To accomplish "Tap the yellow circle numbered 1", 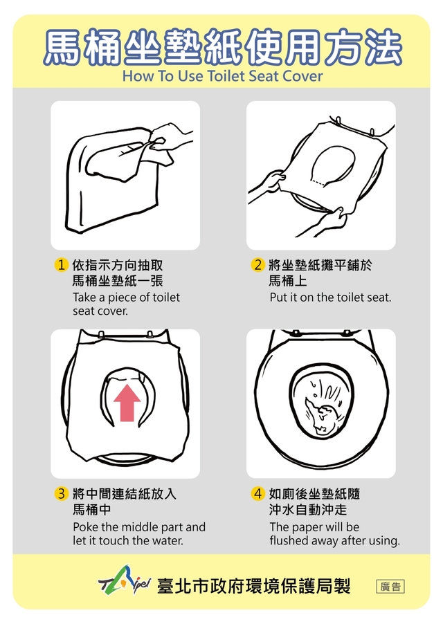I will tap(61, 265).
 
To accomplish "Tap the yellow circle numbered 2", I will tap(257, 265).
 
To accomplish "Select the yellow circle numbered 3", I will tap(61, 494).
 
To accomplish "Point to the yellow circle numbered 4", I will tap(257, 494).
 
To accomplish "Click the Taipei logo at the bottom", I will tap(124, 585).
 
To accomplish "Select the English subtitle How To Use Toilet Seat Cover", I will tap(222, 75).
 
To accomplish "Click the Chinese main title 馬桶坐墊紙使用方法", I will tap(222, 47).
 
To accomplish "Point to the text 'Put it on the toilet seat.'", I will tap(330, 297).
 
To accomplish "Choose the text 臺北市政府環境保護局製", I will tap(254, 586).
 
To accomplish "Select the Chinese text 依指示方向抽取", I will tap(118, 266).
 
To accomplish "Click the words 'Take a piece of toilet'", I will tap(126, 297).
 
